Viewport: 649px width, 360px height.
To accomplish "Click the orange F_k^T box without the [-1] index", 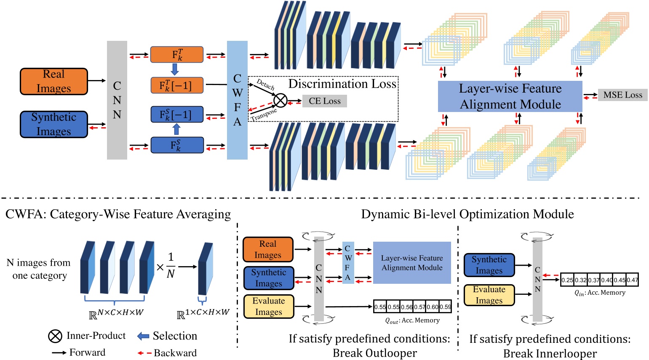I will [177, 55].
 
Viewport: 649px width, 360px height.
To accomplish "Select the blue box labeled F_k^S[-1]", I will [177, 115].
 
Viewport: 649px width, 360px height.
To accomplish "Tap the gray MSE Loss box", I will [622, 95].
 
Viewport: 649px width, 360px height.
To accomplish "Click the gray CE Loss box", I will [324, 101].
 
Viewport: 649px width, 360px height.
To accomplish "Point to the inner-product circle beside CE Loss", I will [280, 101].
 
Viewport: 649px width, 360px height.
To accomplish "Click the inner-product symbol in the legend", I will [55, 336].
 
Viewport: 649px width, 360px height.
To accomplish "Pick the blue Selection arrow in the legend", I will [143, 336].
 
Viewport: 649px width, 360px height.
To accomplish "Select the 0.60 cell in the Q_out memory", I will [433, 307].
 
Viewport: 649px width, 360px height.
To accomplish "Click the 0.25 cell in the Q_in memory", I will [567, 280].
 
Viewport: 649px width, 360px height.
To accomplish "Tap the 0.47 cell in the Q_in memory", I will [632, 280].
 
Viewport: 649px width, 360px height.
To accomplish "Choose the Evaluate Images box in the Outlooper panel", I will [268, 307].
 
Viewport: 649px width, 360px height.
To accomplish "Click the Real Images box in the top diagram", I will [54, 81].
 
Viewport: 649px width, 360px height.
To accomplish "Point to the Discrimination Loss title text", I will [342, 84].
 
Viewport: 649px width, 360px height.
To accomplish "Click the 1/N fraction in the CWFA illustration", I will [171, 265].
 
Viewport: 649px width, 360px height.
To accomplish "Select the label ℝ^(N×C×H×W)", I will [116, 314].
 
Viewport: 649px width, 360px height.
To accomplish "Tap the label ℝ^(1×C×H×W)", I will [203, 314].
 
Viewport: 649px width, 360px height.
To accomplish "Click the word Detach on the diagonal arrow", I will [265, 85].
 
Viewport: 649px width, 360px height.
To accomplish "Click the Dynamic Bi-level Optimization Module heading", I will [467, 214].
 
